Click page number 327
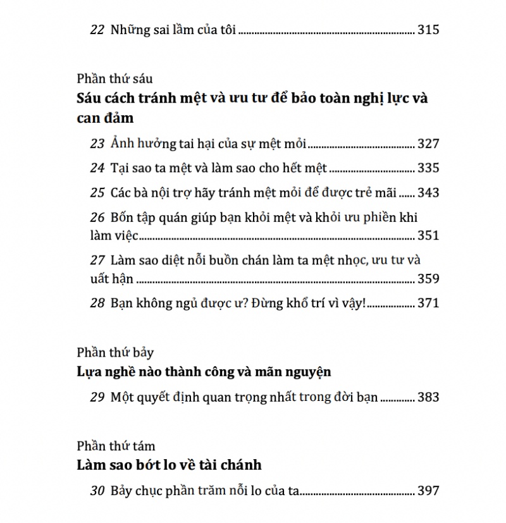(x=428, y=144)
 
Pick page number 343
(x=428, y=193)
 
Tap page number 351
(x=428, y=236)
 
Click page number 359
(x=428, y=278)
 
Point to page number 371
(x=428, y=303)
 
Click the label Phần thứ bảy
(x=115, y=353)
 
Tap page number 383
(x=428, y=398)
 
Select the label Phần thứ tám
(x=116, y=446)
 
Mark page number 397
(x=428, y=491)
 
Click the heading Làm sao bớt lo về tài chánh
(x=169, y=465)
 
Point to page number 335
(x=428, y=168)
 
